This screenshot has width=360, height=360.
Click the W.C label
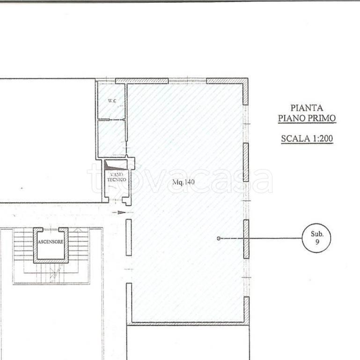(x=112, y=101)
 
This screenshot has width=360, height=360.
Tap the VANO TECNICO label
(x=117, y=177)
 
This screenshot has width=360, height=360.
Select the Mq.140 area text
(x=184, y=182)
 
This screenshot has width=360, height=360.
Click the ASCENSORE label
(x=51, y=242)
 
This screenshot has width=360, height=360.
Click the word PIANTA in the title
(x=307, y=108)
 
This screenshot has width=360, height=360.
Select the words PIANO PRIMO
(x=307, y=118)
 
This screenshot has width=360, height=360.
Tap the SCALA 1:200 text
(x=307, y=138)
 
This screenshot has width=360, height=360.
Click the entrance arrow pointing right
(x=119, y=212)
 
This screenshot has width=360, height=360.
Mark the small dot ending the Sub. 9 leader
(x=219, y=239)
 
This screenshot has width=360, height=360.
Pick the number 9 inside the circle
(x=317, y=241)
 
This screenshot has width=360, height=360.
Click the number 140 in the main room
(x=189, y=182)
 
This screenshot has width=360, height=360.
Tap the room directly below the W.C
(x=111, y=138)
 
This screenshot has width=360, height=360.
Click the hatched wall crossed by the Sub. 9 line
(x=246, y=239)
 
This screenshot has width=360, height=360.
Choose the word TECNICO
(x=117, y=180)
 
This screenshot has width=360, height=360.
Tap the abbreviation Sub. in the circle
(x=317, y=234)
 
